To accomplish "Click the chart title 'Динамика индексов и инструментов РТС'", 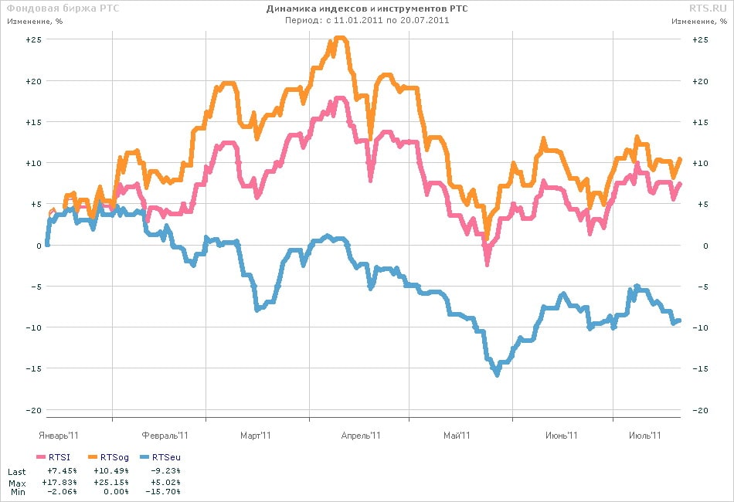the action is point(367,8).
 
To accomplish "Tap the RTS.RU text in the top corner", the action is point(708,8).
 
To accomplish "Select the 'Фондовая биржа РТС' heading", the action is point(63,8).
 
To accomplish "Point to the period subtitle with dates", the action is point(367,20).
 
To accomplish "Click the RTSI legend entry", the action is point(53,457).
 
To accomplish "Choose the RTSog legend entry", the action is point(108,457).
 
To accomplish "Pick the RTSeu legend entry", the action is point(160,457).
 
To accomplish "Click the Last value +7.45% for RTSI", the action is point(63,470).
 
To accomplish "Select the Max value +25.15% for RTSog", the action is point(111,482).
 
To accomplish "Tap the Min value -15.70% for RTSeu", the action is point(163,492).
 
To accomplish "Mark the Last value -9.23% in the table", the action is point(165,470).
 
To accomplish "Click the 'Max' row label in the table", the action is point(17,483).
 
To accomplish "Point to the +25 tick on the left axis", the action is point(33,39).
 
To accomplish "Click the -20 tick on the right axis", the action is point(700,410).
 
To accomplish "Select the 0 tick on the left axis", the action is point(39,246).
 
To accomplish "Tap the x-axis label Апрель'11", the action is point(361,436).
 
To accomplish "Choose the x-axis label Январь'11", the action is point(59,436).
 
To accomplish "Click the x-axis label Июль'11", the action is point(644,436).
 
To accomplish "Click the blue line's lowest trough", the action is point(497,374).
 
